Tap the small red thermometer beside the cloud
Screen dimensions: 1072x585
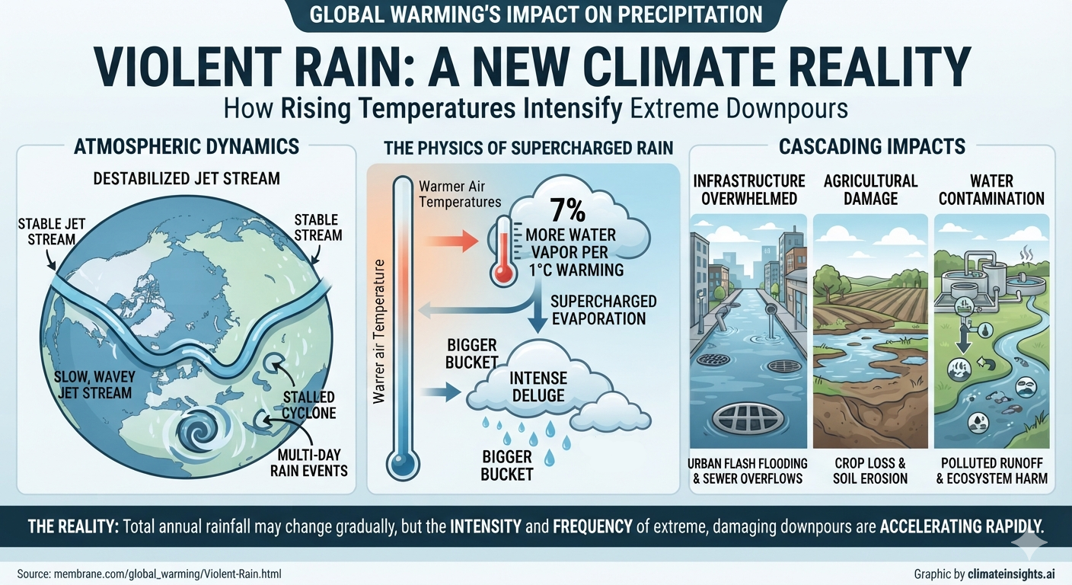[503, 251]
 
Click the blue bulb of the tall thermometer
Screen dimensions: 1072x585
[403, 465]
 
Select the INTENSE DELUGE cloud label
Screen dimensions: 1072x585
[538, 387]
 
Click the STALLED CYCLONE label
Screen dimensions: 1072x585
[308, 405]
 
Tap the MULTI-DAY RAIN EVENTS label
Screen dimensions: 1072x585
[308, 462]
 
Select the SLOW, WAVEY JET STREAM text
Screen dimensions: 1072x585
[94, 385]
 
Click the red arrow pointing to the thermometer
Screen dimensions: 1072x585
[451, 240]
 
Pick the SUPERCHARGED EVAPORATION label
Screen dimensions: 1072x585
[603, 310]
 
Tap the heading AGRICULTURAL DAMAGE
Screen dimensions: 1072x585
[870, 190]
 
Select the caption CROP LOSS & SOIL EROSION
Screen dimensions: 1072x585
[870, 471]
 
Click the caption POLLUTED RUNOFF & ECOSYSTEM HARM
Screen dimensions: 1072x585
[991, 471]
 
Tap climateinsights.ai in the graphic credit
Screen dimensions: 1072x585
[1010, 574]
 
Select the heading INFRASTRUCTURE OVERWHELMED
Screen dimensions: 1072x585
[749, 190]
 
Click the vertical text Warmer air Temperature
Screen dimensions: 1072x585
[378, 331]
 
